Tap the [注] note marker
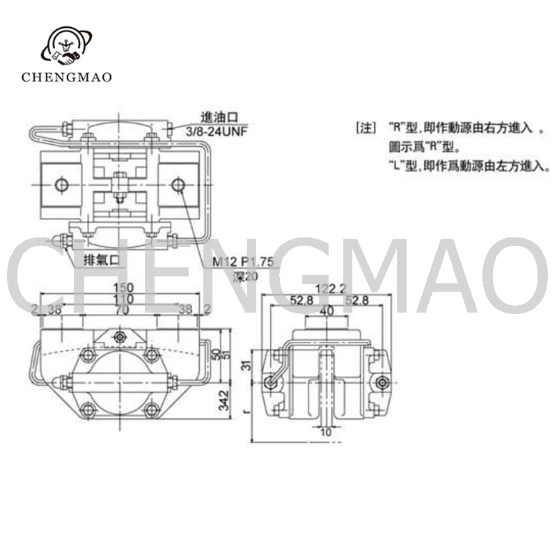point(366,129)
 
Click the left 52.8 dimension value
point(301,301)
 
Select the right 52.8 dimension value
point(352,301)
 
